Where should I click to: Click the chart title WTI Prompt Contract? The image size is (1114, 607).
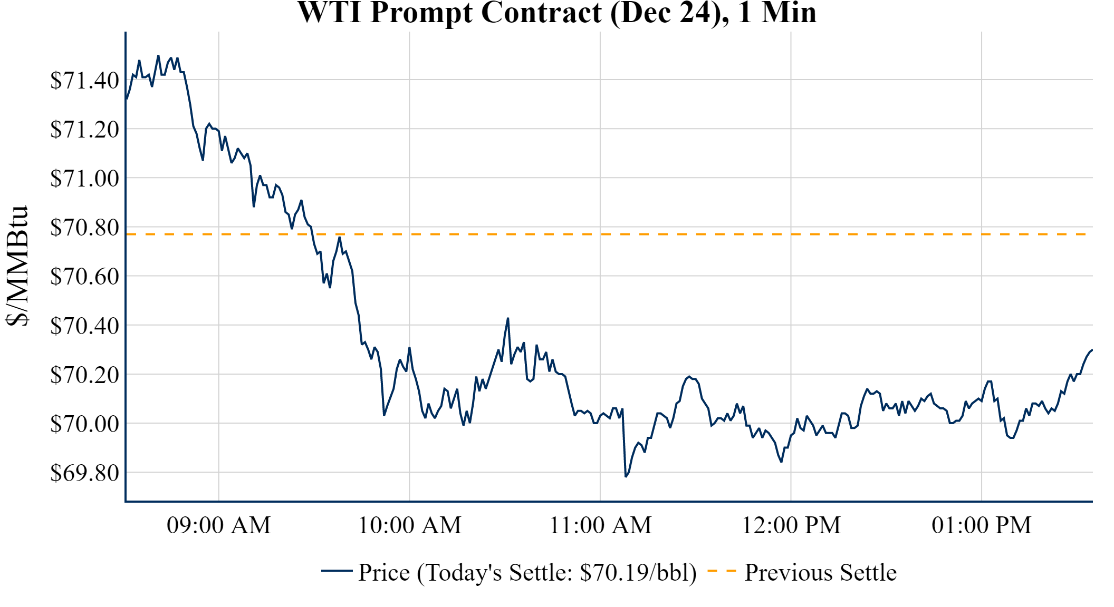[557, 13]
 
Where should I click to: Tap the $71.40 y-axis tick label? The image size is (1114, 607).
[84, 81]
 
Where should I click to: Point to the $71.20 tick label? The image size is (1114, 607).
[84, 130]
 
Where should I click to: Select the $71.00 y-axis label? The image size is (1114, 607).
[84, 179]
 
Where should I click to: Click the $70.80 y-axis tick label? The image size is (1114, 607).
[84, 228]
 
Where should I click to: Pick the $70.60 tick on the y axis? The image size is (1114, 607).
[84, 277]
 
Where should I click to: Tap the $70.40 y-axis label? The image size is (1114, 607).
[84, 326]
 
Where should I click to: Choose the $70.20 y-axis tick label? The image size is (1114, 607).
[84, 375]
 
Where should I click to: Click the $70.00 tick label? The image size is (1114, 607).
[84, 424]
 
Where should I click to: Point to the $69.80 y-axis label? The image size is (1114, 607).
[84, 473]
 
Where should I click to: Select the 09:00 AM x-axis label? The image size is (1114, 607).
[219, 525]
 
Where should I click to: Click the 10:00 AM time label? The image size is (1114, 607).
[410, 525]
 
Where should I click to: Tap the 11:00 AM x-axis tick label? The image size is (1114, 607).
[601, 525]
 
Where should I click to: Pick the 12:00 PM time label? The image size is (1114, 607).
[791, 525]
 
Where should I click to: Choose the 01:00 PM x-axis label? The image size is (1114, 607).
[982, 525]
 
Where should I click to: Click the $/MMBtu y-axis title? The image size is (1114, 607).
[17, 266]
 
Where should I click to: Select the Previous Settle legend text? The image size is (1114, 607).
[820, 573]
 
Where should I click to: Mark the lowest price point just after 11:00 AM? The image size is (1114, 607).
[626, 476]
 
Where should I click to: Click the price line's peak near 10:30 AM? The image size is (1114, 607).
[508, 318]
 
